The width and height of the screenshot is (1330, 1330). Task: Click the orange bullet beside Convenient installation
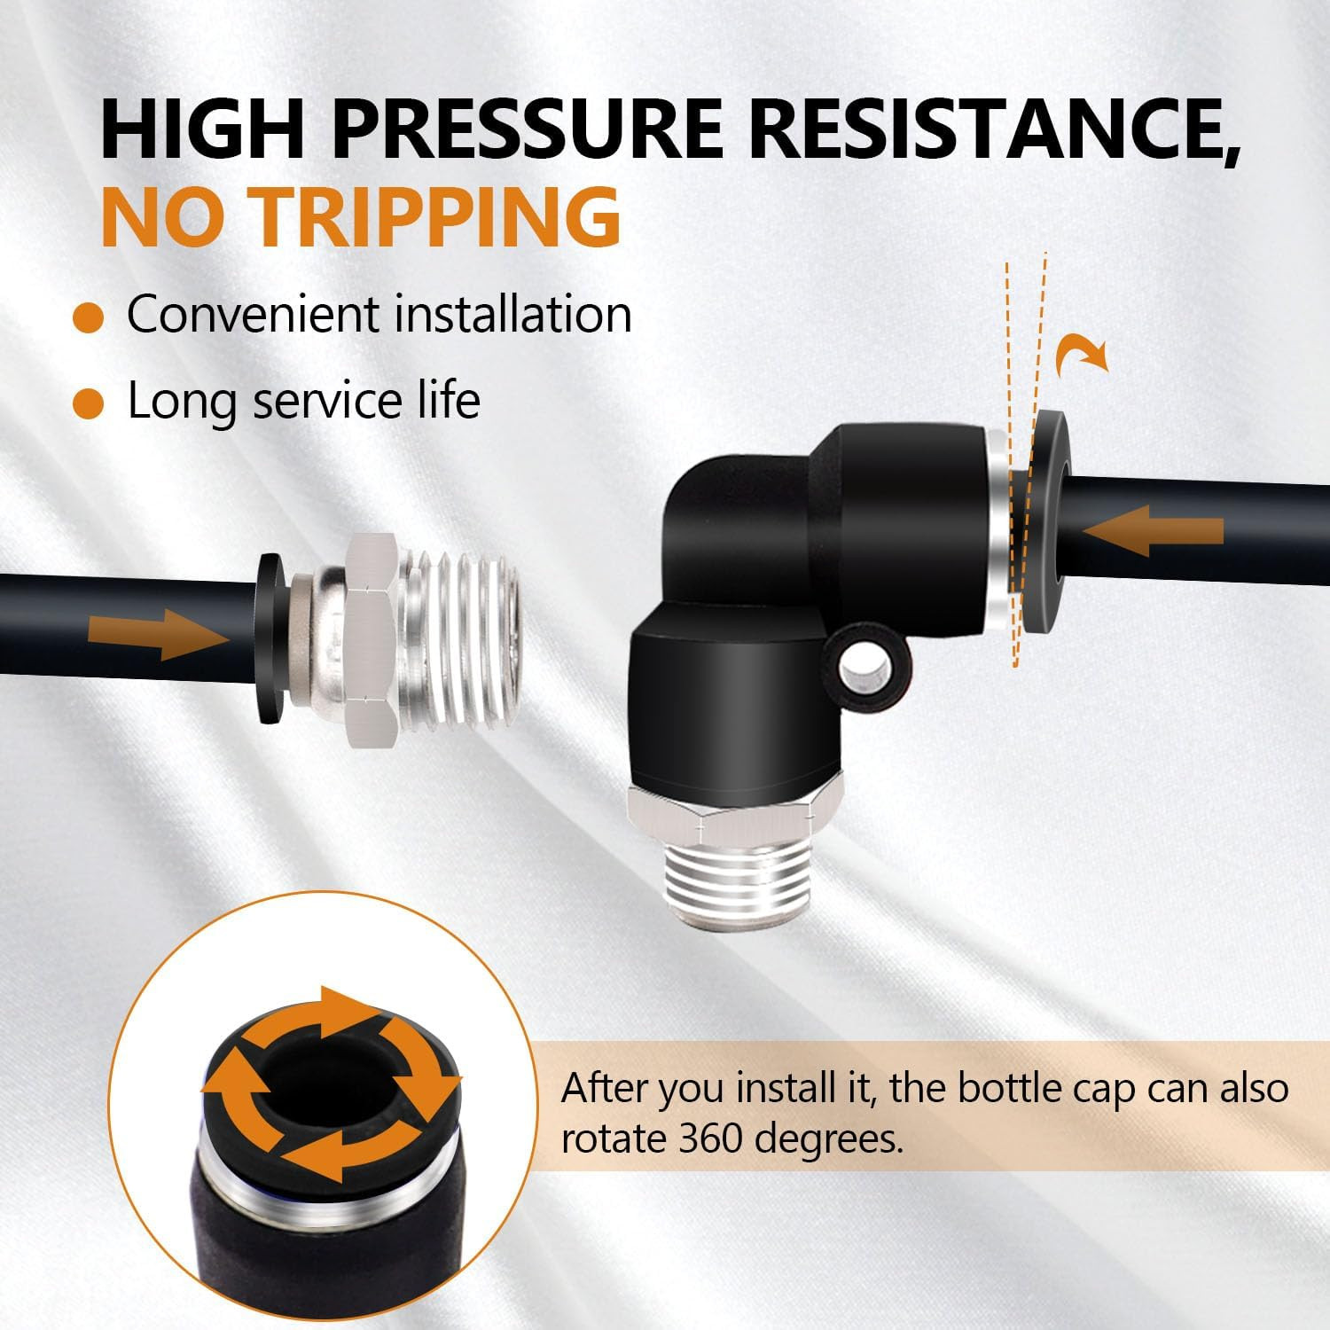(x=90, y=317)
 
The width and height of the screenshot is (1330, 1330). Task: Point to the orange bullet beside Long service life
(x=90, y=402)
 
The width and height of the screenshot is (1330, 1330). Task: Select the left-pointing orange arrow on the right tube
(x=1153, y=531)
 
